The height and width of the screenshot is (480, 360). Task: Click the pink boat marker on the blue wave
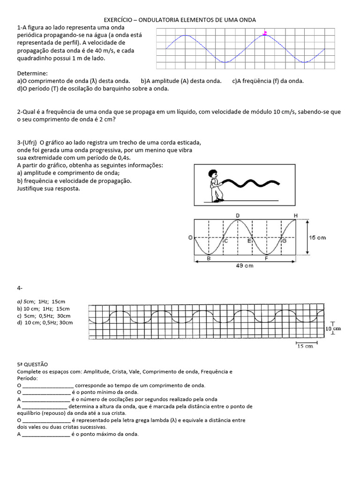click(x=265, y=33)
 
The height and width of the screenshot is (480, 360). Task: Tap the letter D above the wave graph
click(x=238, y=215)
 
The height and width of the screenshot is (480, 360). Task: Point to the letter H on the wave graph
click(x=295, y=215)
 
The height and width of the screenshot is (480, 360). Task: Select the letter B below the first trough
click(x=209, y=258)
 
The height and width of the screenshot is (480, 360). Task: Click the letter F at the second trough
click(x=266, y=258)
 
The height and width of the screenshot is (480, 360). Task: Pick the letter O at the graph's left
click(x=190, y=238)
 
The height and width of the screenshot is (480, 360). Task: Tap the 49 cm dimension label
click(x=244, y=266)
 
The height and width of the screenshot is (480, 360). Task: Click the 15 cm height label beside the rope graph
click(x=317, y=238)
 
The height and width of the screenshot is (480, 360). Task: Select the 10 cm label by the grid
click(x=333, y=329)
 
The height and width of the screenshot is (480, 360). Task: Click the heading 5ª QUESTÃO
click(x=32, y=364)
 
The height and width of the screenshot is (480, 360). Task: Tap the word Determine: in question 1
click(x=32, y=74)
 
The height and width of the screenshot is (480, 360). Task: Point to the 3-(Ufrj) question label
click(x=27, y=142)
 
